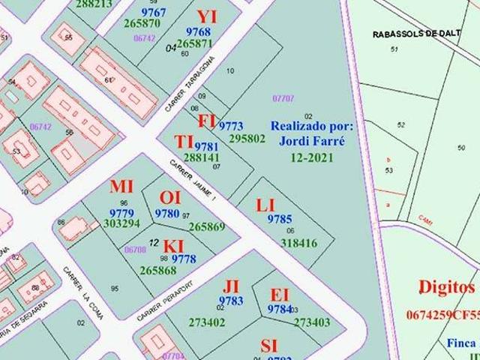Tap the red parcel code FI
[x=207, y=121]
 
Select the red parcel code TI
[x=184, y=142]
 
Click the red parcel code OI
[x=169, y=197]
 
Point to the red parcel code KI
[x=173, y=246]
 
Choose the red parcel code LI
[x=265, y=205]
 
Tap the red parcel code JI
[x=231, y=286]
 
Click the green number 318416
[x=298, y=242]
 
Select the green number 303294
[x=121, y=223]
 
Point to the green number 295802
[x=247, y=138]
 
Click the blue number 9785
[x=279, y=219]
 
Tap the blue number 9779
[x=121, y=212]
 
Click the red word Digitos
[x=447, y=288]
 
